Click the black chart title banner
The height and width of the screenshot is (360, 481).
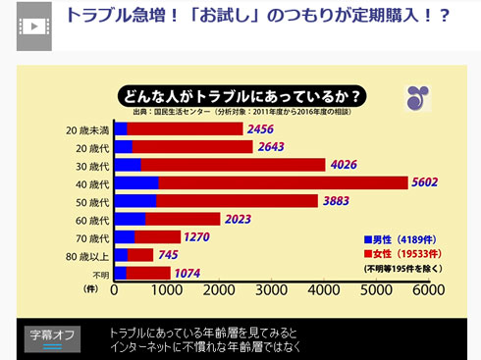tap(241, 96)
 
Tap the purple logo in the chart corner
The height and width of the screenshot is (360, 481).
tap(417, 98)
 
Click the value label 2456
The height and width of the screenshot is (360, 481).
tap(260, 129)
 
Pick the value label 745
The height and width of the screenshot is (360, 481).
tap(168, 255)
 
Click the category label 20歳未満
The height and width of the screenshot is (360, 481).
tap(86, 129)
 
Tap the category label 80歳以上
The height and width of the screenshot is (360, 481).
tap(87, 255)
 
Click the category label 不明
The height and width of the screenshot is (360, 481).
tap(99, 274)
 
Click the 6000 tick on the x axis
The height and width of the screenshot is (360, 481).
tap(427, 290)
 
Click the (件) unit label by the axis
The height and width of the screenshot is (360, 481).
tap(91, 290)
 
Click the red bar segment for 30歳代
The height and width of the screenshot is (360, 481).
tap(233, 165)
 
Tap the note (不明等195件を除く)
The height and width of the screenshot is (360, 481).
tap(402, 268)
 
